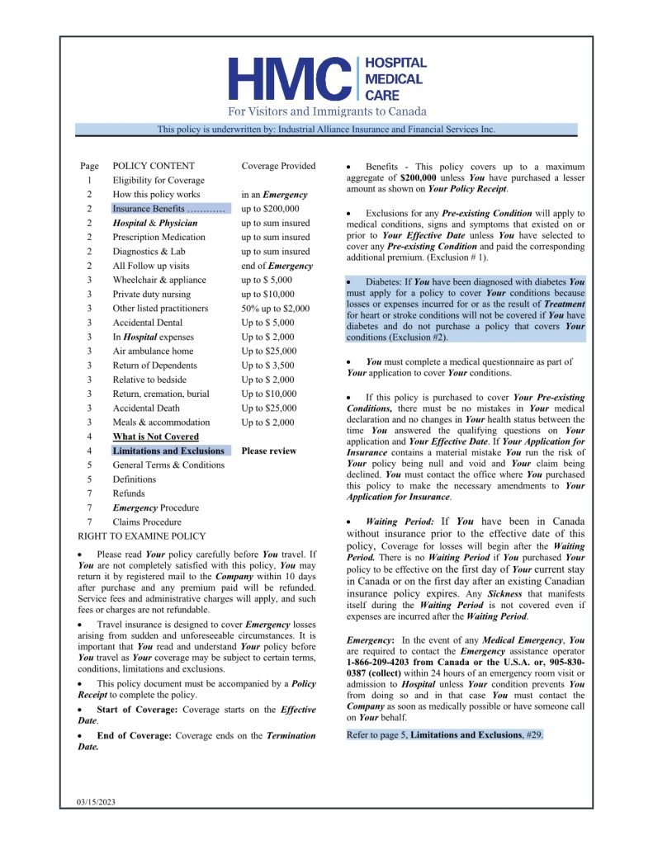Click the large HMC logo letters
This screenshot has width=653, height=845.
click(x=289, y=78)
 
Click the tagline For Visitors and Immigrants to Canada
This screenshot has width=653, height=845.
click(x=327, y=111)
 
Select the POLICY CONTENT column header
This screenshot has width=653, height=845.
click(x=154, y=166)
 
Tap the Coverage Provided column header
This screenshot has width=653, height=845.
click(x=278, y=166)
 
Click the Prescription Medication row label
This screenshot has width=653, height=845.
click(x=159, y=237)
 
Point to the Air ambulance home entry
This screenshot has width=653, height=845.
click(x=153, y=351)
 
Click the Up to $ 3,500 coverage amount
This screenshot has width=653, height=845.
click(x=267, y=366)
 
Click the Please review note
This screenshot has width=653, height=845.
click(x=268, y=451)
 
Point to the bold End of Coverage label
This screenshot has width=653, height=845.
click(x=134, y=735)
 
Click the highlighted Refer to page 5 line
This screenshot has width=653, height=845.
click(x=445, y=734)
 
